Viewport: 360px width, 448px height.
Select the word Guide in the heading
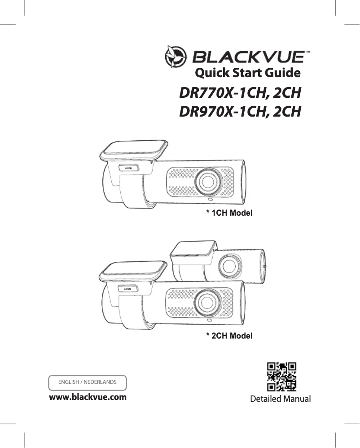281,73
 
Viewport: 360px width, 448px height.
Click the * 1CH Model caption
229,213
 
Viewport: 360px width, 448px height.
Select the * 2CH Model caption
229,335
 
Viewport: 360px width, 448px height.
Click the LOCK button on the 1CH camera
128,168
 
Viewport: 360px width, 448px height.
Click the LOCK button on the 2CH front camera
128,289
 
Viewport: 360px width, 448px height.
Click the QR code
281,377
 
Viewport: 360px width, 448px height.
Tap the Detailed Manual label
281,399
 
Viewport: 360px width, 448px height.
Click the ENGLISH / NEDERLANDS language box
88,383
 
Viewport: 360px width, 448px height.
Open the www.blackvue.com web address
88,397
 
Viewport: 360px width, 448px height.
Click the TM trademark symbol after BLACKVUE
308,52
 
